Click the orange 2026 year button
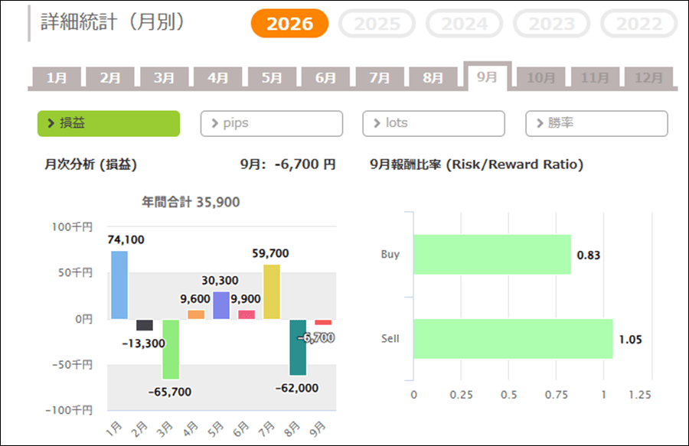coord(289,23)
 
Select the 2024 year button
coord(464,23)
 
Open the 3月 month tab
coord(164,78)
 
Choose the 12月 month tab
coord(648,78)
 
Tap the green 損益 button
coord(109,123)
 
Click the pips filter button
coord(272,123)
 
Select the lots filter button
coord(434,123)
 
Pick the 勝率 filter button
coord(596,123)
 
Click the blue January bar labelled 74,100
coord(119,285)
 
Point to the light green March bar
coord(171,349)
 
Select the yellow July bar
coord(272,291)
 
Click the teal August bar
coord(298,347)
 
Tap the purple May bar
coord(221,305)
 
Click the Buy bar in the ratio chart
coord(492,255)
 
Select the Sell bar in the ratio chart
coord(513,339)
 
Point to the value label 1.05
coord(631,340)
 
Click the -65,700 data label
coord(170,392)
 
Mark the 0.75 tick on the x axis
coord(557,395)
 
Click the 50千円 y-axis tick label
coord(75,272)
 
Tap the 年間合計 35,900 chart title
coord(191,202)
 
